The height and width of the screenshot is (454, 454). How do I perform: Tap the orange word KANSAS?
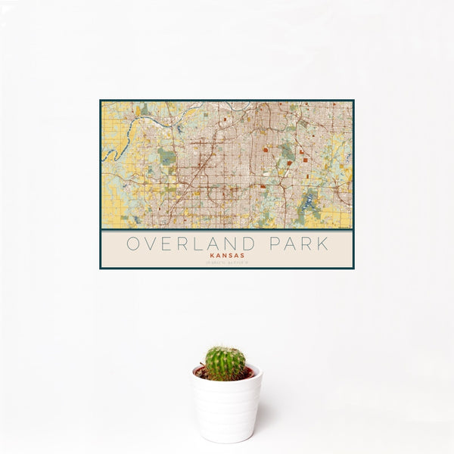[x=227, y=257]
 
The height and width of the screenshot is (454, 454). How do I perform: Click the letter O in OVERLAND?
[x=132, y=244]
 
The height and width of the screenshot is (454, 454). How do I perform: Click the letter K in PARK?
[x=323, y=244]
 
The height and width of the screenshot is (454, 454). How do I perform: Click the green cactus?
[x=225, y=363]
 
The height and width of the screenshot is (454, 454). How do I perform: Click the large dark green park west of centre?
[x=167, y=157]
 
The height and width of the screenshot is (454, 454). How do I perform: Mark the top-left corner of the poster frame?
[x=101, y=101]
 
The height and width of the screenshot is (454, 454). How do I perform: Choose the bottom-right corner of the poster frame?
[x=353, y=268]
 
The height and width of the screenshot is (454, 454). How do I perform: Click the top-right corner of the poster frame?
[x=353, y=101]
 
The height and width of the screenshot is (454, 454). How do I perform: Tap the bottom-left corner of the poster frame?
[x=101, y=268]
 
